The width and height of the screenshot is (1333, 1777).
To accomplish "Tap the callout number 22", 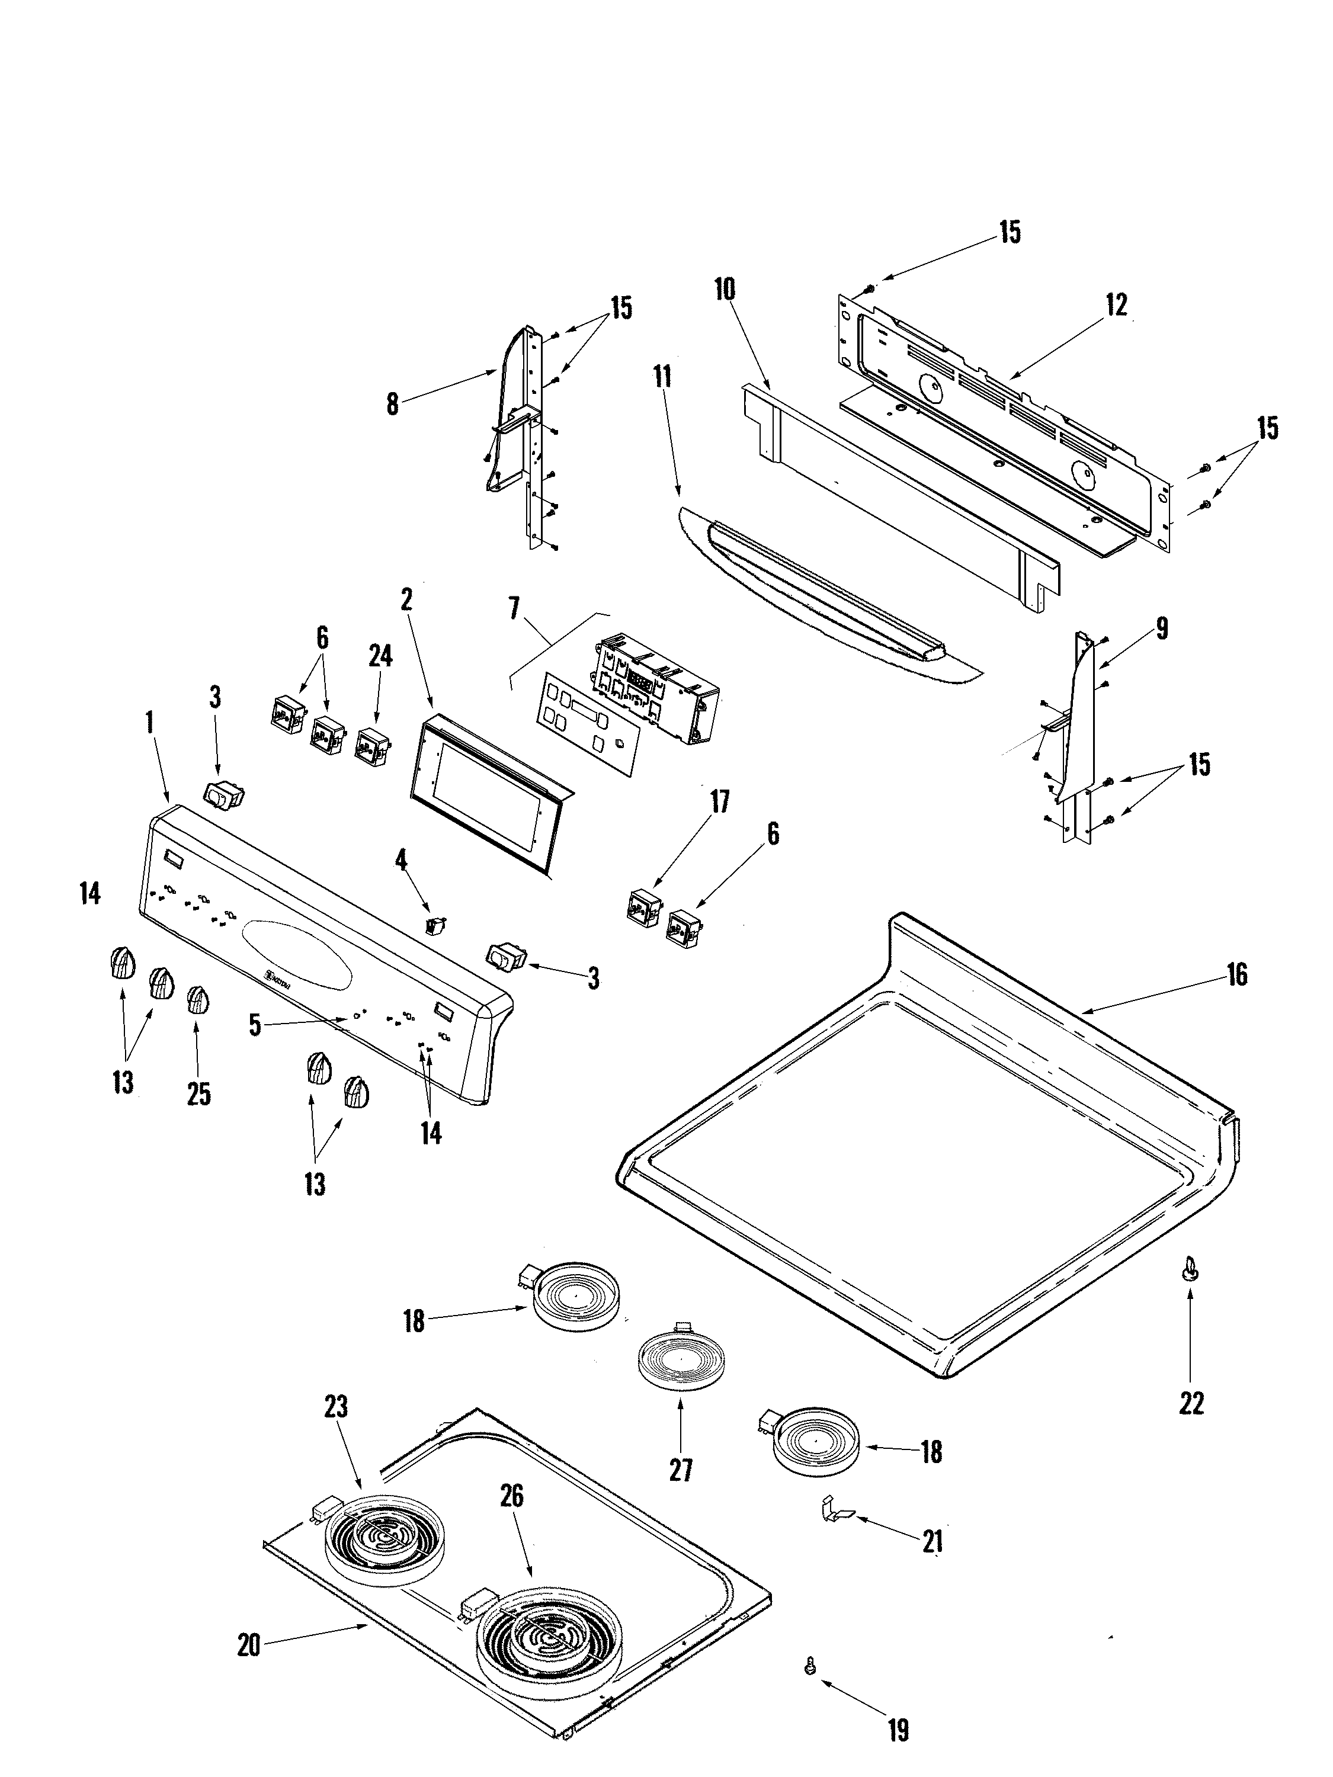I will click(1191, 1403).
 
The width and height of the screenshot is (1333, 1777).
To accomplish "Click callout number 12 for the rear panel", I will click(1117, 304).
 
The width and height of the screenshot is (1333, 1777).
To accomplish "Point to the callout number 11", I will click(663, 376).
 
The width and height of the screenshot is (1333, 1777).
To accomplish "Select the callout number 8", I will click(392, 404).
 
